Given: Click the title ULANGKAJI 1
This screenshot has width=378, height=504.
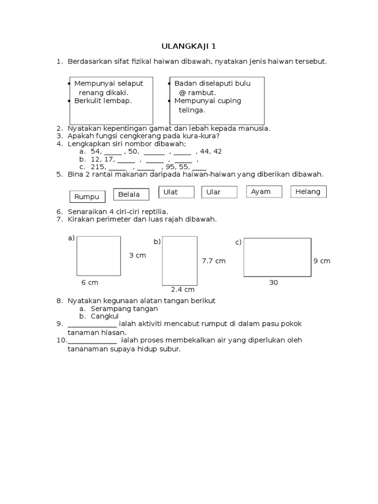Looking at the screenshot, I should [189, 47].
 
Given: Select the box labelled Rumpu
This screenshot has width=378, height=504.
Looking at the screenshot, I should [87, 196].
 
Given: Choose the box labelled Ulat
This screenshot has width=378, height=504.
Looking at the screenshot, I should [176, 192].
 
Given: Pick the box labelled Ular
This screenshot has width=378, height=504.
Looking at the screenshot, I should [219, 192].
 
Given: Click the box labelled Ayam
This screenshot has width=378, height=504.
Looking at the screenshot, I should [264, 191].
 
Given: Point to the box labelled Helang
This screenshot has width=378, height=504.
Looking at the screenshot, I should [308, 191].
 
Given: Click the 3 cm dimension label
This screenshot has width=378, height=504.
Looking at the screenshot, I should [137, 255].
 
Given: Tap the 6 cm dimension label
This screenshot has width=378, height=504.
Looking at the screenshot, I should [90, 283].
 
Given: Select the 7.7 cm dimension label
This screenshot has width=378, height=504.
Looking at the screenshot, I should [214, 261].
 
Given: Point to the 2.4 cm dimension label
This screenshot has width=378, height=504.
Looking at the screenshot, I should [183, 290].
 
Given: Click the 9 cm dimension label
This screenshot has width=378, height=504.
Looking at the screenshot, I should [322, 261].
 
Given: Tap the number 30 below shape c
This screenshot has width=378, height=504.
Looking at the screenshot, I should [274, 283].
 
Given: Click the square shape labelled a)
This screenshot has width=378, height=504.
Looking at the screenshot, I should [98, 256].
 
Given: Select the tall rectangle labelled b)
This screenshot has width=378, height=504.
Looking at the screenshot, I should [180, 260].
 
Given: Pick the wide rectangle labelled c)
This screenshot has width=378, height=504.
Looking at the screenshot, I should [277, 258].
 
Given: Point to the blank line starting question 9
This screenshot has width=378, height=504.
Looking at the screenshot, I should [92, 324].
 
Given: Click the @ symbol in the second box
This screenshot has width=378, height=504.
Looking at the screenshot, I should [182, 93].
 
